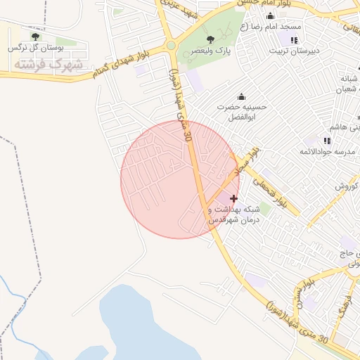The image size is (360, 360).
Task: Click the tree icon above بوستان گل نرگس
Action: click(x=35, y=37)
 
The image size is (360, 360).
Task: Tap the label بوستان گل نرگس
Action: click(x=35, y=48)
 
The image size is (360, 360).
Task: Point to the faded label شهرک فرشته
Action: click(x=48, y=65)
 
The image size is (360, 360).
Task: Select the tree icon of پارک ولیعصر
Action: click(x=211, y=39)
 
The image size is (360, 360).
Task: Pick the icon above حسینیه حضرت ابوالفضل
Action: click(x=243, y=96)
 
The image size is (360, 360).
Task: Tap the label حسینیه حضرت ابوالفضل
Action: click(x=246, y=112)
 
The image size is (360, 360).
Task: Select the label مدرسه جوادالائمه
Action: click(x=327, y=152)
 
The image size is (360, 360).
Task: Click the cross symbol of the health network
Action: click(x=234, y=199)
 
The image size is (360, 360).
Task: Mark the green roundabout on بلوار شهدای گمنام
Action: click(x=171, y=46)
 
